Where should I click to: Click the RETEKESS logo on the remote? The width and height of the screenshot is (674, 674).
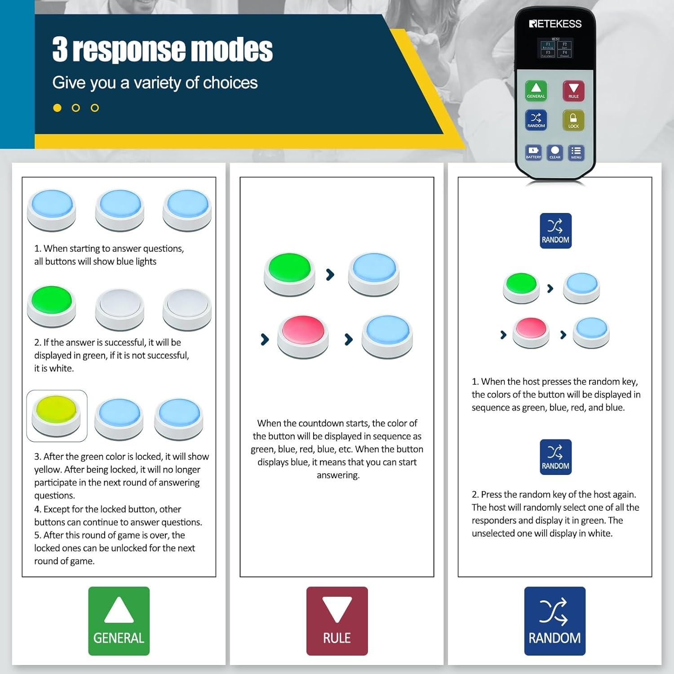[555, 24]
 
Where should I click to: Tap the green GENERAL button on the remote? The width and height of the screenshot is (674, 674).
[536, 90]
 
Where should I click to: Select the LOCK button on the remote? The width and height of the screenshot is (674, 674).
[573, 120]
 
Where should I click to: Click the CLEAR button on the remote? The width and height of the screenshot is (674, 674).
[555, 152]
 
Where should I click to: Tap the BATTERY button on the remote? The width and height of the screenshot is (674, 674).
[533, 152]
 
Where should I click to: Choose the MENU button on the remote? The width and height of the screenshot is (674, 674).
[576, 152]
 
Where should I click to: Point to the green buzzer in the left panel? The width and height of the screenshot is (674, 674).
[51, 306]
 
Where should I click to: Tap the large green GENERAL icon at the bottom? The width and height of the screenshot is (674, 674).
[119, 621]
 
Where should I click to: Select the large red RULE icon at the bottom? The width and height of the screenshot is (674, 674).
[337, 621]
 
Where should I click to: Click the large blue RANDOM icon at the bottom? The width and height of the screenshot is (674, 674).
[554, 621]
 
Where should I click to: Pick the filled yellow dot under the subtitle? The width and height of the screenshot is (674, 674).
[57, 108]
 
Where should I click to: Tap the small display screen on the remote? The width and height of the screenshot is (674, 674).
[556, 49]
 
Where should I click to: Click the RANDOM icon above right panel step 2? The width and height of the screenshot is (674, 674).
[555, 457]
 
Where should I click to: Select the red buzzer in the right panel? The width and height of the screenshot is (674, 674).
[531, 331]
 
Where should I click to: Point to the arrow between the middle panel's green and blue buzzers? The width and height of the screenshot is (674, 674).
[330, 274]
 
